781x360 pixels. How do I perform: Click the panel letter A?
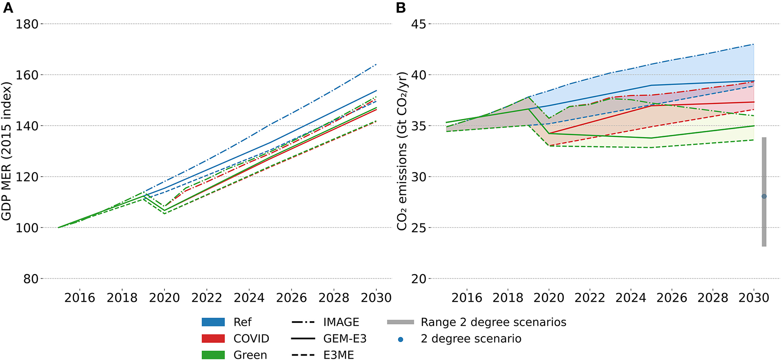click(8, 8)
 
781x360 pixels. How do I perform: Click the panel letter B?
click(401, 8)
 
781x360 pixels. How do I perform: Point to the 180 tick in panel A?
click(27, 24)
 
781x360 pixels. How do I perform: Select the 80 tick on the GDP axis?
click(31, 279)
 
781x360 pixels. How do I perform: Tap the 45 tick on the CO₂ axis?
click(418, 24)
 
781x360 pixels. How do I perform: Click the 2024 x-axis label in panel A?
click(249, 298)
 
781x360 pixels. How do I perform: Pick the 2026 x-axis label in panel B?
click(672, 298)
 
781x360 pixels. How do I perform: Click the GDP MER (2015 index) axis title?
click(6, 151)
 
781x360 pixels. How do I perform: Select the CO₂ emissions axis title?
click(402, 151)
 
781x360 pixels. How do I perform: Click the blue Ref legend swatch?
click(213, 322)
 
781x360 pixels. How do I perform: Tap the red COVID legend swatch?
click(213, 338)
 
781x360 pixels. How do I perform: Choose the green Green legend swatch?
click(213, 355)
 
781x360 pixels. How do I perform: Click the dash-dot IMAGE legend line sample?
click(303, 322)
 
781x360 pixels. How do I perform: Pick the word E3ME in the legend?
click(338, 355)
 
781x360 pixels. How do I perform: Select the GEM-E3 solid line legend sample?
click(303, 338)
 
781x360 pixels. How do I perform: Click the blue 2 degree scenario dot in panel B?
click(764, 197)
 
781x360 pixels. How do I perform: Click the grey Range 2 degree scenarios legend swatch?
click(400, 322)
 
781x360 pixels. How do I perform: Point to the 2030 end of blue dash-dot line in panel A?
click(376, 65)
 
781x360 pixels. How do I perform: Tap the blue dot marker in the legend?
click(400, 339)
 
